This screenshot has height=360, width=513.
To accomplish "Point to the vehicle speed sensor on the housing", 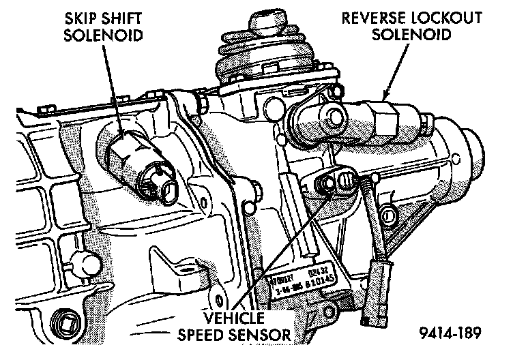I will pos(336,183).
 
